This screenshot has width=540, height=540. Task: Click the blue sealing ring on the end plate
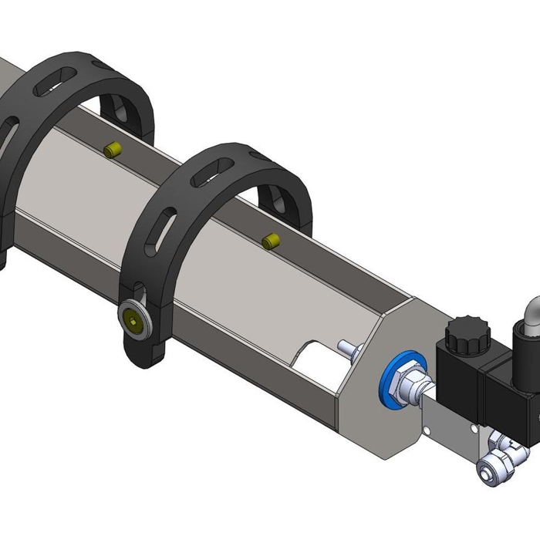pos(395,383)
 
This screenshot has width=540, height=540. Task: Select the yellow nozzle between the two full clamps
pos(113,149)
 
